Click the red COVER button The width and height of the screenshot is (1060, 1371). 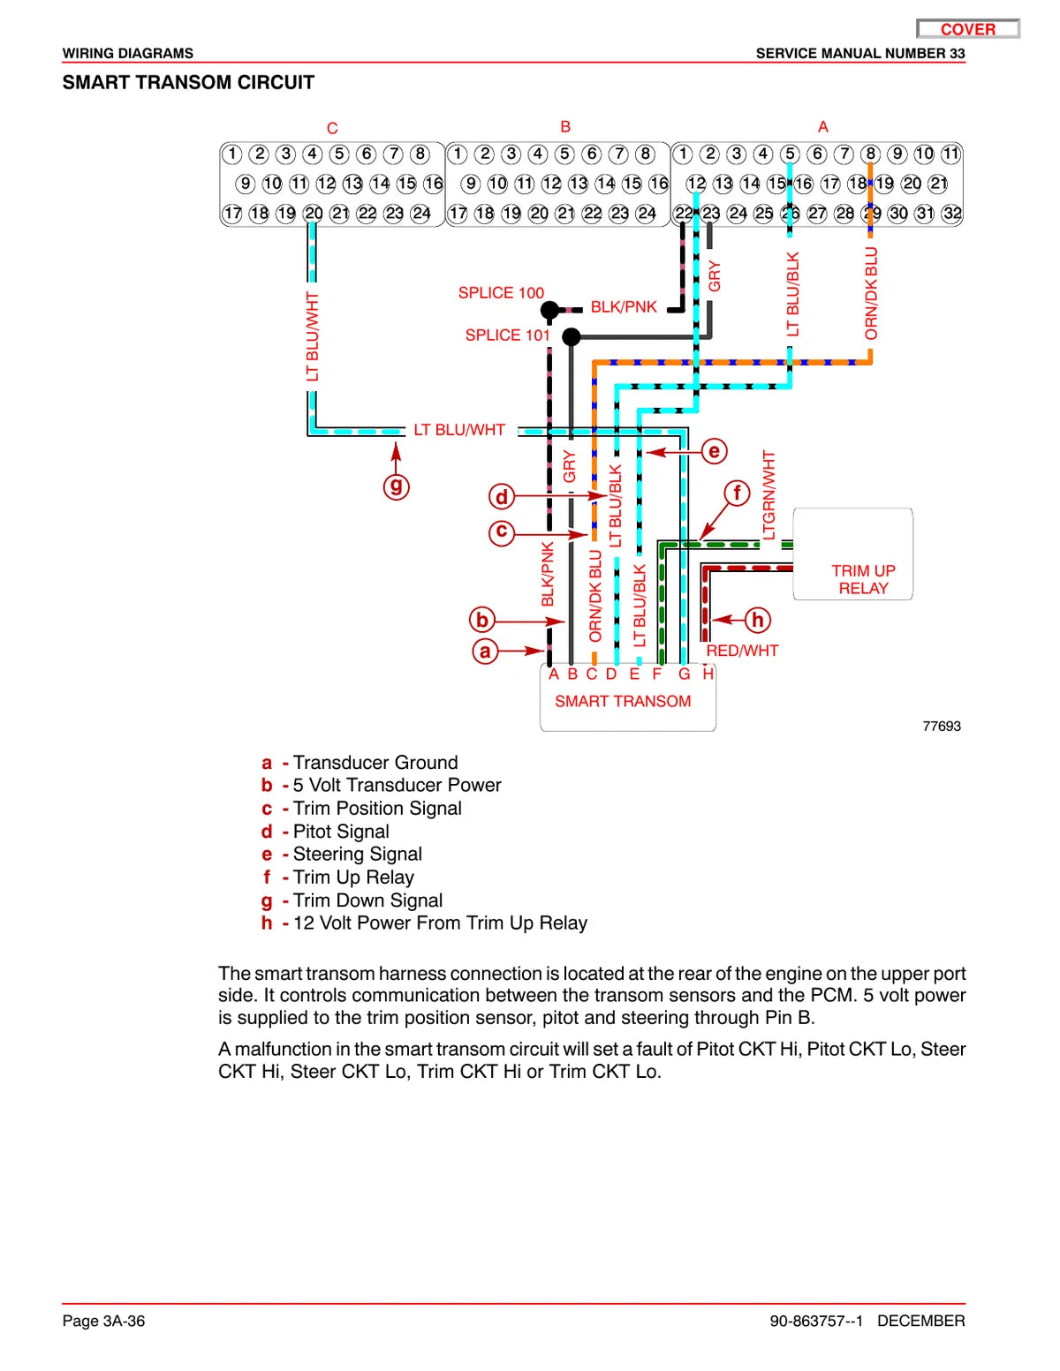(x=967, y=29)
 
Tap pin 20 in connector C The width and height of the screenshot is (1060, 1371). (x=313, y=214)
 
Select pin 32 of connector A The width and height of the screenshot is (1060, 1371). (x=952, y=214)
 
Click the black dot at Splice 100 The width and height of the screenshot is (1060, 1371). (x=549, y=310)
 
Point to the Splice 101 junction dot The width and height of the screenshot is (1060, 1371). (x=571, y=337)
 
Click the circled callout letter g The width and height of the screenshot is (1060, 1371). (x=397, y=486)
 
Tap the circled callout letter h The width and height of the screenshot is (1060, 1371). (x=758, y=620)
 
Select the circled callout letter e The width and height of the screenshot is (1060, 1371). (x=714, y=451)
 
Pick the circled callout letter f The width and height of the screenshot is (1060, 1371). (x=737, y=493)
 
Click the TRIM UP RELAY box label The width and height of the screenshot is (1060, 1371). (x=863, y=579)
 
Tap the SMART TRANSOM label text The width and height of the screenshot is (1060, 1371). (x=623, y=701)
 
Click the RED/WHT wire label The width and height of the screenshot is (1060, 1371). (x=742, y=651)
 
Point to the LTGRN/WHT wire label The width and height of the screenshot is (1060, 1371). (x=768, y=495)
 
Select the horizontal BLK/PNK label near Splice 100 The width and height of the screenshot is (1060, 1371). (x=624, y=306)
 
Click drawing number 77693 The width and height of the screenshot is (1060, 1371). (x=942, y=727)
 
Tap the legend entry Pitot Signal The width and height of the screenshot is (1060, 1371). (x=341, y=831)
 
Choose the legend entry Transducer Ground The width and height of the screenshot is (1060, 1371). (x=375, y=762)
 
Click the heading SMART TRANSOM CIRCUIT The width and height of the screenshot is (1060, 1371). (x=188, y=83)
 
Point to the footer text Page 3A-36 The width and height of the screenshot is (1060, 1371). (x=103, y=1321)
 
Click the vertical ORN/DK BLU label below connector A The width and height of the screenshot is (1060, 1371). (x=871, y=293)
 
